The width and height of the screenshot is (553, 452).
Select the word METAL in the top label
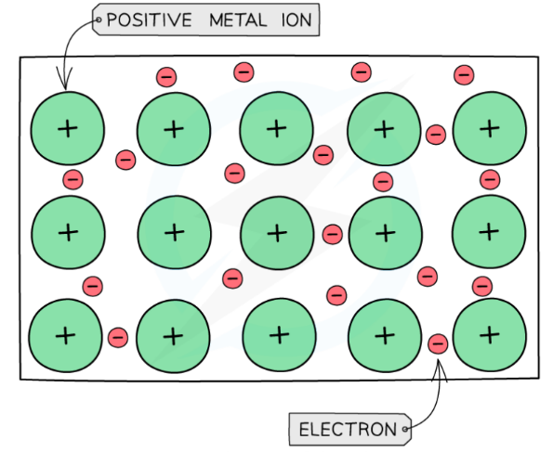tap(234, 19)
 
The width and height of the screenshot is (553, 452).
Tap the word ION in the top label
tap(294, 19)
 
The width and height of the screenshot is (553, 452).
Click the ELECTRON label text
tap(347, 429)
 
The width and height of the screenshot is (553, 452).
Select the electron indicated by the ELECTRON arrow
tap(438, 344)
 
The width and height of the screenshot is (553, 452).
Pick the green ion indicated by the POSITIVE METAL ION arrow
tap(67, 129)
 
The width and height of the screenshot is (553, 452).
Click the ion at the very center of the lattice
tap(277, 232)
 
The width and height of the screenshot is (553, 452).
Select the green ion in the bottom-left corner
tap(65, 334)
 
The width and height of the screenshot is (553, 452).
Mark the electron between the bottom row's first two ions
tap(118, 337)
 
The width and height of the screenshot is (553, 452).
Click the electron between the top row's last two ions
tap(435, 135)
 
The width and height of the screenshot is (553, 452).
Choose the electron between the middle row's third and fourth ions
tap(332, 235)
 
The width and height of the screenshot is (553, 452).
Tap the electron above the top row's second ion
tap(165, 77)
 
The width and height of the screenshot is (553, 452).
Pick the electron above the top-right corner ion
tap(463, 74)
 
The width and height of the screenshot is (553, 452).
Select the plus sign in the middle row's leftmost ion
tap(67, 231)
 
